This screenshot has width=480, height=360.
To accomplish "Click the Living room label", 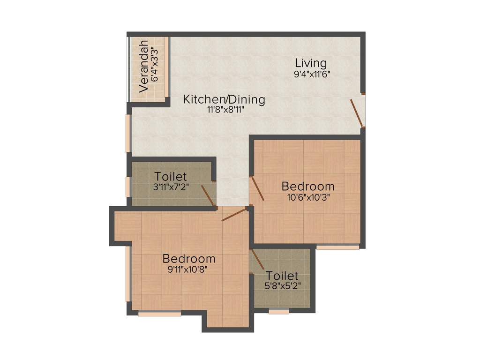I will click(310, 63).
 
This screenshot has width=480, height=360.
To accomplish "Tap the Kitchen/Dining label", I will click(224, 99).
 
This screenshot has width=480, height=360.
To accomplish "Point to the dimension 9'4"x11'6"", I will click(312, 74).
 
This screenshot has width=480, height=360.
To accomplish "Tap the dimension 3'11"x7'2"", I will click(171, 187).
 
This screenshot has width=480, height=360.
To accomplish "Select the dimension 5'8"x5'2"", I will click(282, 285).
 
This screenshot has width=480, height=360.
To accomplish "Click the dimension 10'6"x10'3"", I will click(308, 197).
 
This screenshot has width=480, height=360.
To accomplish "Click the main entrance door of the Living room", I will click(357, 113).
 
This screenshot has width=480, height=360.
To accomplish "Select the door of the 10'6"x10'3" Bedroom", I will click(257, 188).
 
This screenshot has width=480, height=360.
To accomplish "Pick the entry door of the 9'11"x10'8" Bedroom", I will click(234, 215).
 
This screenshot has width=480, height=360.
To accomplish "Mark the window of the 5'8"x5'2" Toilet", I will click(279, 311).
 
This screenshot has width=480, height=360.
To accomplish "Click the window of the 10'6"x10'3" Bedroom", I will click(337, 247).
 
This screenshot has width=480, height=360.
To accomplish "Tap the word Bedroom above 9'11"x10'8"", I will click(189, 258).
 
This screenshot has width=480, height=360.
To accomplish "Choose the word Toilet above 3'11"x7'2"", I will click(171, 177).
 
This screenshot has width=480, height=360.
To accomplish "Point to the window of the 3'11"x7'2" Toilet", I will click(128, 187).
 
